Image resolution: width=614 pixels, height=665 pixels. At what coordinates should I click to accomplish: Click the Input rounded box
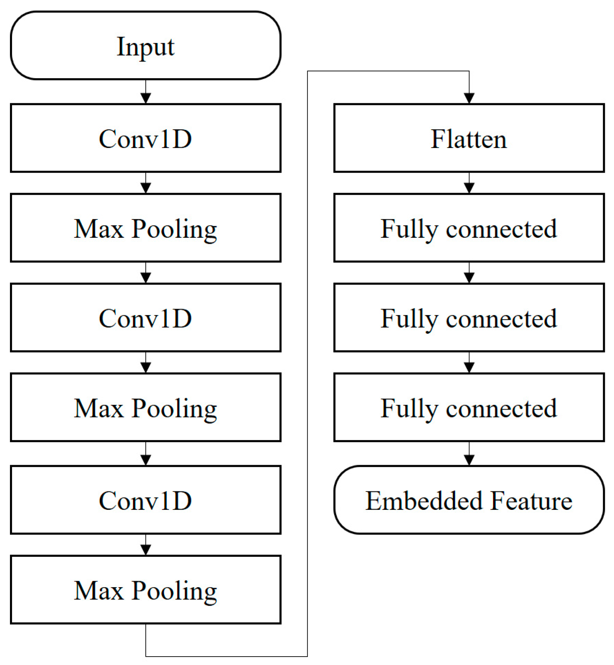pyautogui.click(x=145, y=45)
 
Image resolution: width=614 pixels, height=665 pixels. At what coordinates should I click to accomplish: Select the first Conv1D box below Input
pyautogui.click(x=145, y=138)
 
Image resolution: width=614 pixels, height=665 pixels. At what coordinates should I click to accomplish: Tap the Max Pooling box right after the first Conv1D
pyautogui.click(x=145, y=228)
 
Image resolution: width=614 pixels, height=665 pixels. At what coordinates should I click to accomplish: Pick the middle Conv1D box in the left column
pyautogui.click(x=145, y=318)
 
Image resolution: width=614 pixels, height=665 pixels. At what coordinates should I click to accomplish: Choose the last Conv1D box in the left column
pyautogui.click(x=145, y=500)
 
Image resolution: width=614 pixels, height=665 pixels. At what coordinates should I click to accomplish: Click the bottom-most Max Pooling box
pyautogui.click(x=145, y=590)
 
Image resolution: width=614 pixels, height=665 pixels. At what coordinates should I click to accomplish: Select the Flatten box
pyautogui.click(x=469, y=138)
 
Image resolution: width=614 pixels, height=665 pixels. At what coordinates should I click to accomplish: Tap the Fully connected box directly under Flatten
pyautogui.click(x=469, y=228)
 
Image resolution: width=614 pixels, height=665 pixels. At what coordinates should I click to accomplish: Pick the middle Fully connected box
pyautogui.click(x=469, y=318)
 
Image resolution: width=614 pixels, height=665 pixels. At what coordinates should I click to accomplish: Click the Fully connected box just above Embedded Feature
pyautogui.click(x=469, y=407)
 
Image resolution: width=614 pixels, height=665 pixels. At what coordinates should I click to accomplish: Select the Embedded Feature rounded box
pyautogui.click(x=469, y=500)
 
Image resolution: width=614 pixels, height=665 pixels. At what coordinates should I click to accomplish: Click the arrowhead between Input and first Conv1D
pyautogui.click(x=146, y=98)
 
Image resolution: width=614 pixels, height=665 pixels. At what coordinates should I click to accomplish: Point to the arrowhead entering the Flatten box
pyautogui.click(x=469, y=98)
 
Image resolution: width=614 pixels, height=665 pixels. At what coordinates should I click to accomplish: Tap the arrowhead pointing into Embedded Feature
pyautogui.click(x=469, y=460)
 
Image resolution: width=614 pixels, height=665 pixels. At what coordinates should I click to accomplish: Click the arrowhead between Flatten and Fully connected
pyautogui.click(x=469, y=188)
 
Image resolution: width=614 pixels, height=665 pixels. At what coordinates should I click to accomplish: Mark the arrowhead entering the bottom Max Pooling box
pyautogui.click(x=146, y=550)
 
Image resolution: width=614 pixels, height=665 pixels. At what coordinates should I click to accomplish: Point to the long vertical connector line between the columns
pyautogui.click(x=307, y=359)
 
